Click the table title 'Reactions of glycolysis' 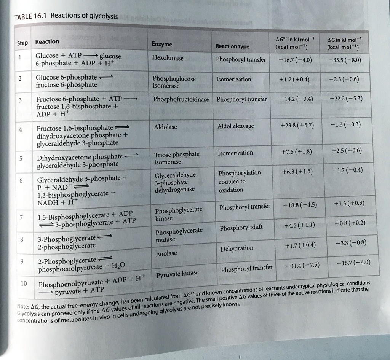84,16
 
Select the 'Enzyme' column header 162,45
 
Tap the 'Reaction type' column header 232,46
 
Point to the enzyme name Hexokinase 168,58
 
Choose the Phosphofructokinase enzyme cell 181,99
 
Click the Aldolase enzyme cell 165,127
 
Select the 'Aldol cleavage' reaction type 235,126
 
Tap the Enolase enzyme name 166,253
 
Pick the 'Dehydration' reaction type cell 237,248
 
